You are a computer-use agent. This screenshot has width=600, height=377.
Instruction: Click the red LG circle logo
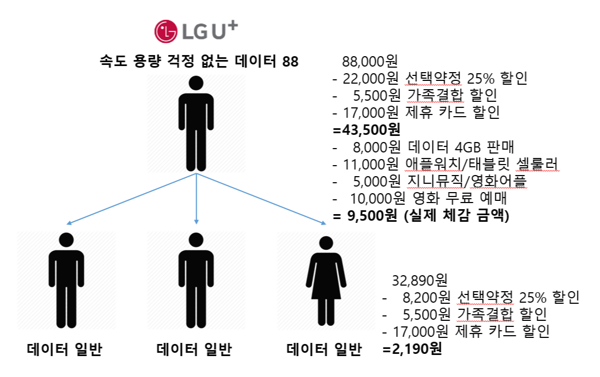click(x=166, y=31)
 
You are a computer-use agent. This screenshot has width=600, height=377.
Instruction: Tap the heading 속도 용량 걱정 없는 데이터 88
click(x=199, y=61)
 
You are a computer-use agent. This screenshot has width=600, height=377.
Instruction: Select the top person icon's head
click(x=196, y=83)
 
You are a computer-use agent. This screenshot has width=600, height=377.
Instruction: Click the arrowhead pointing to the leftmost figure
click(x=68, y=223)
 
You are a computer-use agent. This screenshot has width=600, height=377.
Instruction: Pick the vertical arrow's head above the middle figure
click(x=196, y=221)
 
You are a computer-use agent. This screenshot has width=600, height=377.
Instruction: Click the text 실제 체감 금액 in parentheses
click(x=457, y=216)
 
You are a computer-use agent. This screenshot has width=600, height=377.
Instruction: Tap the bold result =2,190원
click(x=412, y=349)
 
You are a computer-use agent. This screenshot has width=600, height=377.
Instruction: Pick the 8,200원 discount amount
click(x=425, y=298)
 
